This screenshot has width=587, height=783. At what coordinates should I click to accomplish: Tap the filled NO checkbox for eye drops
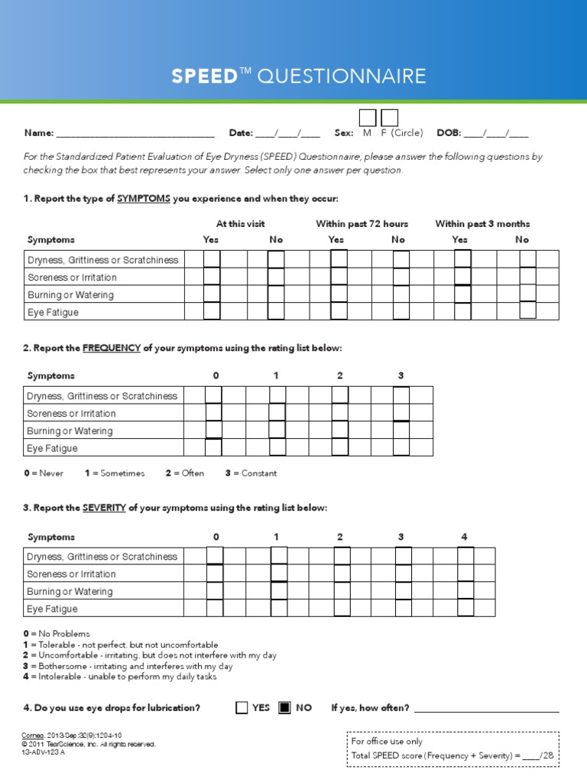284,707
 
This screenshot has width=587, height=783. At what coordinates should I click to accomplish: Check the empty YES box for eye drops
242,707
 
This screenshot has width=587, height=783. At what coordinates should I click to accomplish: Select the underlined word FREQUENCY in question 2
112,348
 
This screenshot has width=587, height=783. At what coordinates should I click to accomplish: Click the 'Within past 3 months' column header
482,224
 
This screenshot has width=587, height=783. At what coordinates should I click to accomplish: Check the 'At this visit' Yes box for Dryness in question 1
212,259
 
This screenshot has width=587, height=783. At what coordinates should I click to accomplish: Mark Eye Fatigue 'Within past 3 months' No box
527,311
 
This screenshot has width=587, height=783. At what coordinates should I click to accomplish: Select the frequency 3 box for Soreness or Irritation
401,413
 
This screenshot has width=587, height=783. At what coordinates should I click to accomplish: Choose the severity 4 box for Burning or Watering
465,591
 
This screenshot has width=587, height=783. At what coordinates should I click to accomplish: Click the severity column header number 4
464,537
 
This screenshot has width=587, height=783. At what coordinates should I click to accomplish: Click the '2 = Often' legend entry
184,473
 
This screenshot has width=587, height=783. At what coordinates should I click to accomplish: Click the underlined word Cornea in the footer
36,736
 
